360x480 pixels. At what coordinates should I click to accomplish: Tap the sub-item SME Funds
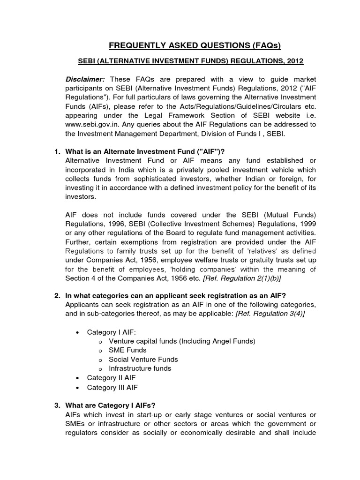coord(127,350)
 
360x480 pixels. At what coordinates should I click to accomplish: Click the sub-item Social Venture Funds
coord(143,360)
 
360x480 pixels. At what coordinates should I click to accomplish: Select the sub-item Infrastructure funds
coord(140,368)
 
